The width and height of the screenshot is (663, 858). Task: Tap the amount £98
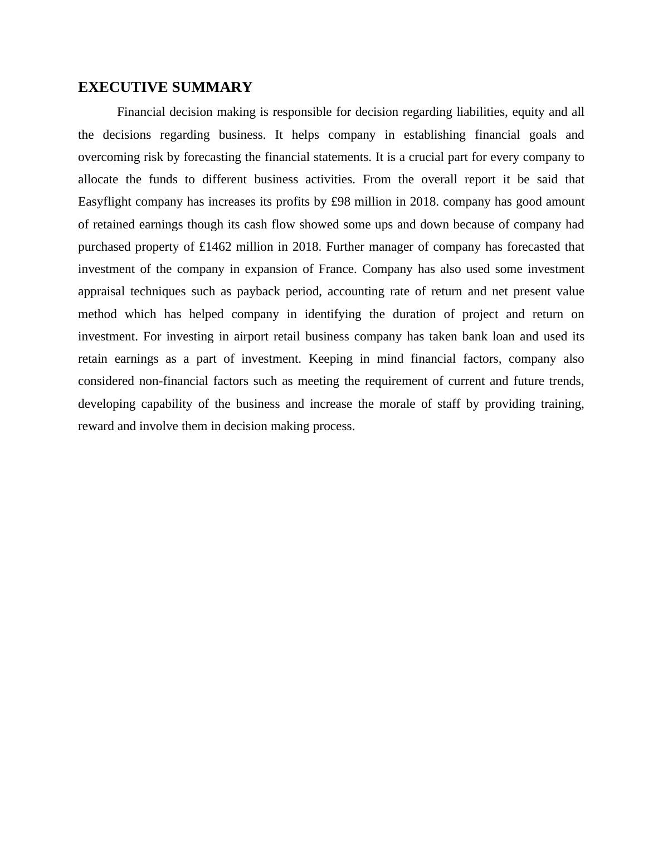(x=341, y=202)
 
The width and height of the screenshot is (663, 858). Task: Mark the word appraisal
(x=100, y=291)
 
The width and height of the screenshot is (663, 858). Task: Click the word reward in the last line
(x=96, y=426)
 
